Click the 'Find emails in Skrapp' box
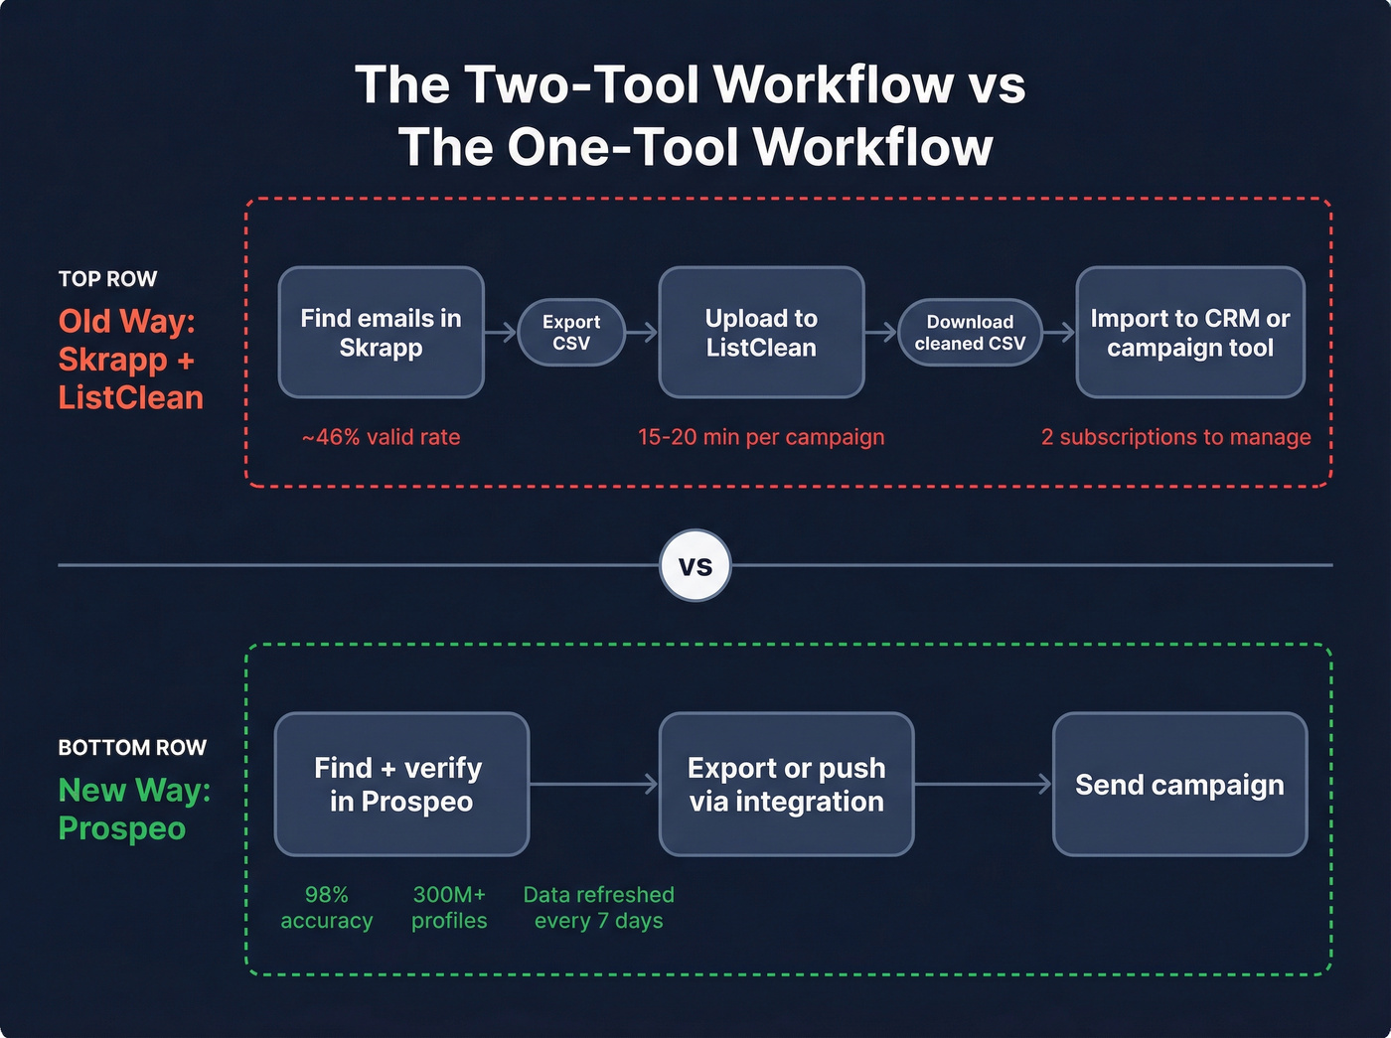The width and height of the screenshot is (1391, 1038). pyautogui.click(x=381, y=333)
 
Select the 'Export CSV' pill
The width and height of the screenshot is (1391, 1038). pyautogui.click(x=571, y=333)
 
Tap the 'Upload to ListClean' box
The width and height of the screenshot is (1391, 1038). pyautogui.click(x=761, y=333)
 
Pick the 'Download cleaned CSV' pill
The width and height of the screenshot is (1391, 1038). pyautogui.click(x=970, y=333)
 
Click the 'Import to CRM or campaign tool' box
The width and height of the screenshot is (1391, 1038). pyautogui.click(x=1189, y=333)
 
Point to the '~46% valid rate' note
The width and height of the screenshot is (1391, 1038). pyautogui.click(x=382, y=437)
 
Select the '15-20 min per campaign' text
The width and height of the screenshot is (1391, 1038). pyautogui.click(x=761, y=437)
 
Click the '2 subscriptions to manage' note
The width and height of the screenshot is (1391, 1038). pyautogui.click(x=1175, y=437)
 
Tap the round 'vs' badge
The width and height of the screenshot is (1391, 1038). pyautogui.click(x=695, y=566)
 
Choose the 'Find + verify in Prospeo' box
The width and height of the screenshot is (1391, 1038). pyautogui.click(x=401, y=785)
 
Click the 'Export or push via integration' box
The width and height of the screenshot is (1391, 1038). pyautogui.click(x=786, y=785)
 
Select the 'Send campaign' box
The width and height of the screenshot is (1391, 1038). pyautogui.click(x=1179, y=785)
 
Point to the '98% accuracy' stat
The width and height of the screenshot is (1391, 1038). pyautogui.click(x=327, y=908)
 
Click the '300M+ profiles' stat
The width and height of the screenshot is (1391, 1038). pyautogui.click(x=449, y=908)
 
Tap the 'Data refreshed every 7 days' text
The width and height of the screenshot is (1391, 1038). pyautogui.click(x=598, y=908)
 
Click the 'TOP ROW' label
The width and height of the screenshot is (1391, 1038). pyautogui.click(x=107, y=279)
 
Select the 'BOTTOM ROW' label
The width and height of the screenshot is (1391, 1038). pyautogui.click(x=132, y=748)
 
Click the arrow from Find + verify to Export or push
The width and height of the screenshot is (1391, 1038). pyautogui.click(x=594, y=785)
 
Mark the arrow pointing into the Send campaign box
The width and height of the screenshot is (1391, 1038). pyautogui.click(x=983, y=785)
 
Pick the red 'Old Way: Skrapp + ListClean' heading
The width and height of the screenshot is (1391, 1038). pyautogui.click(x=130, y=360)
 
